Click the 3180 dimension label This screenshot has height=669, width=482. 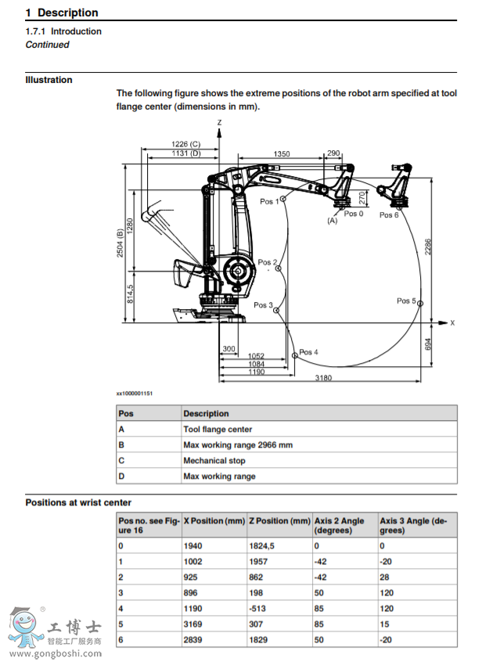pyautogui.click(x=321, y=379)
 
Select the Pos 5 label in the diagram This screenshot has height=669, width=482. pyautogui.click(x=406, y=300)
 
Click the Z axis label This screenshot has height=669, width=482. pyautogui.click(x=220, y=123)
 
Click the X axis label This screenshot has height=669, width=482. pyautogui.click(x=452, y=322)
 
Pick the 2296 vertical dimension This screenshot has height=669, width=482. pyautogui.click(x=428, y=247)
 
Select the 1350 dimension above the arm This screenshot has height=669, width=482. pyautogui.click(x=282, y=154)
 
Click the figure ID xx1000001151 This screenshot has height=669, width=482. pyautogui.click(x=135, y=393)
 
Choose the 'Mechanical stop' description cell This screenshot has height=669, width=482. pyautogui.click(x=214, y=461)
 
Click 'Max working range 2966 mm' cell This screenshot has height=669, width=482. pyautogui.click(x=238, y=445)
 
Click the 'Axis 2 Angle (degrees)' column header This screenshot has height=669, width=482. pyautogui.click(x=339, y=524)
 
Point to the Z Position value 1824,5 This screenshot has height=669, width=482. pyautogui.click(x=264, y=545)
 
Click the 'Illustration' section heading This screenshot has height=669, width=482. pyautogui.click(x=49, y=80)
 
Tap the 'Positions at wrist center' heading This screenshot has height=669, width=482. pyautogui.click(x=78, y=502)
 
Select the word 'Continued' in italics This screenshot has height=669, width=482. pyautogui.click(x=47, y=45)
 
